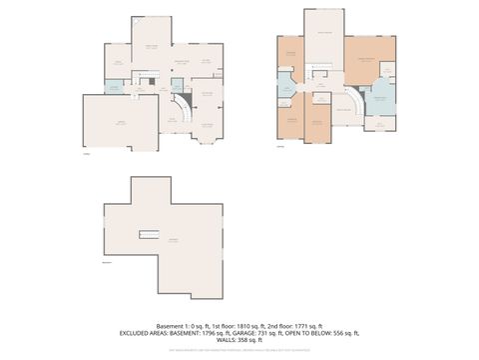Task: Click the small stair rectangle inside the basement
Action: coord(149,234)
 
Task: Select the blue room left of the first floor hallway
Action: coord(114,87)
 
